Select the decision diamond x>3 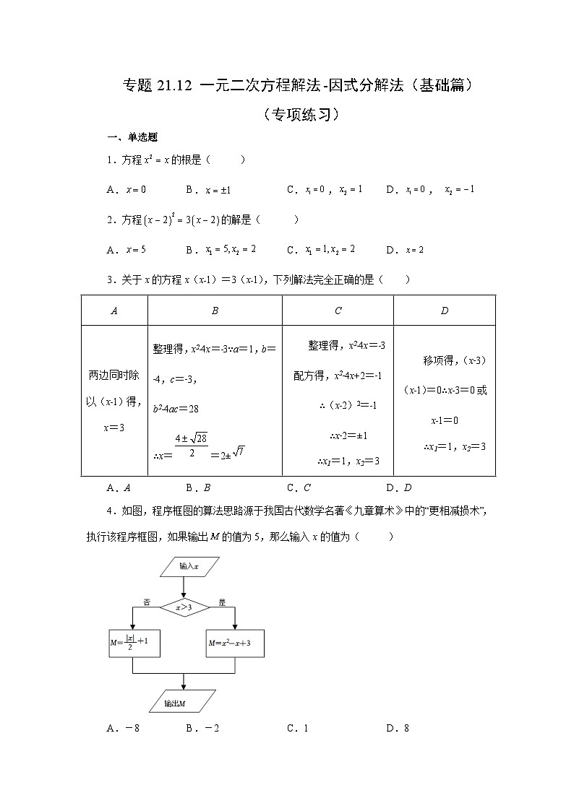click(184, 607)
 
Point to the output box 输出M click(186, 702)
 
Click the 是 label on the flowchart click(222, 602)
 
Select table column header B click(215, 311)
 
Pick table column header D click(444, 311)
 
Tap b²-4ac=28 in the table click(176, 409)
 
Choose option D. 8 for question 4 click(398, 728)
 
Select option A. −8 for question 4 click(122, 728)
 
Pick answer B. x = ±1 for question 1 click(207, 190)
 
